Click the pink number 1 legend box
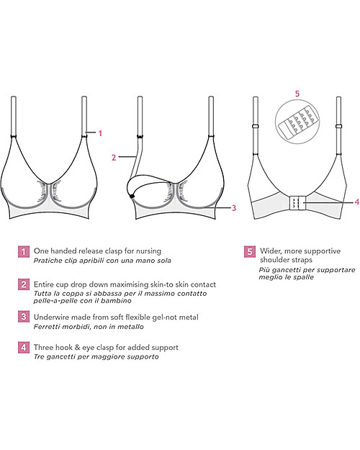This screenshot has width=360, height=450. point(24,251)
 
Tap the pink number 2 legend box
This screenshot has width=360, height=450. point(24,286)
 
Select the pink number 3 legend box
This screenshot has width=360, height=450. point(24,318)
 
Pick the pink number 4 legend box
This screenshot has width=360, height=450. point(24,348)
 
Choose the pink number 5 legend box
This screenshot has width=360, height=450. point(250,251)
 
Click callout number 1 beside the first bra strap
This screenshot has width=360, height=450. point(101,133)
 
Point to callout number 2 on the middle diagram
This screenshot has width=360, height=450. point(114,156)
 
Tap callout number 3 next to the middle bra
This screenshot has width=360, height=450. point(235,208)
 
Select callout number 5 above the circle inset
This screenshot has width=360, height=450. point(297,94)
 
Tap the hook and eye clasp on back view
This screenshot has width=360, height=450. point(296,204)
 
